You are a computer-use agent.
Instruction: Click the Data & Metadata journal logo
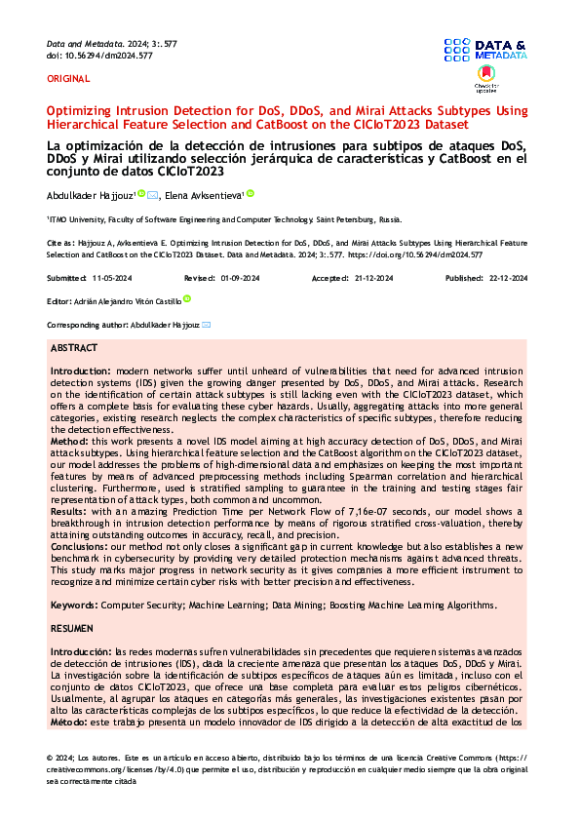pyautogui.click(x=484, y=50)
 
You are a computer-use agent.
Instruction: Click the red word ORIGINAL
pyautogui.click(x=68, y=78)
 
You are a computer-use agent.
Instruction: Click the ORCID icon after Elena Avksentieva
pyautogui.click(x=250, y=193)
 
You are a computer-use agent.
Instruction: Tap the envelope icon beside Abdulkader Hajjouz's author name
pyautogui.click(x=151, y=194)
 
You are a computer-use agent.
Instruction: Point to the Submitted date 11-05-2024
pyautogui.click(x=111, y=278)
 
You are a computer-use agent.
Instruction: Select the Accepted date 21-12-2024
pyautogui.click(x=373, y=278)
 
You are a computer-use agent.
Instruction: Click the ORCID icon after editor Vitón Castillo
pyautogui.click(x=187, y=299)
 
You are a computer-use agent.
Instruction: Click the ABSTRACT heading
pyautogui.click(x=74, y=348)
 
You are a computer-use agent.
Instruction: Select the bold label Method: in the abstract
pyautogui.click(x=71, y=441)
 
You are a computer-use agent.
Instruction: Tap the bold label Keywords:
pyautogui.click(x=76, y=606)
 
